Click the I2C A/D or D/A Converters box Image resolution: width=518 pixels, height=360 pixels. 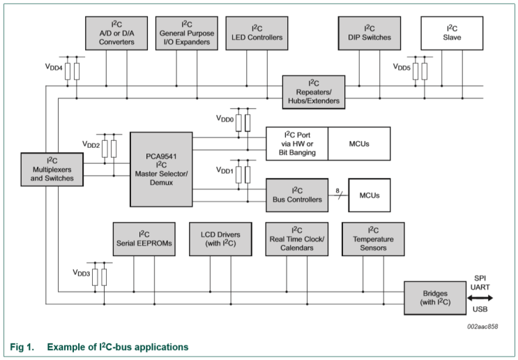pyautogui.click(x=116, y=33)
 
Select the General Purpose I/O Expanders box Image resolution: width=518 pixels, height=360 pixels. pyautogui.click(x=186, y=33)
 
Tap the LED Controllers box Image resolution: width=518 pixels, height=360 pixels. pyautogui.click(x=257, y=33)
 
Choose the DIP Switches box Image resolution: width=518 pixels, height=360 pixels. pyautogui.click(x=370, y=33)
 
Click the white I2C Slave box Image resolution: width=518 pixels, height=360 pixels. pyautogui.click(x=452, y=33)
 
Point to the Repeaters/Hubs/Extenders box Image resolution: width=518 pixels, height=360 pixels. pyautogui.click(x=314, y=92)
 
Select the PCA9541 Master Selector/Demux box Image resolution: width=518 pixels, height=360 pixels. pyautogui.click(x=161, y=169)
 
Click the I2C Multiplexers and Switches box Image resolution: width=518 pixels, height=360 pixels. pyautogui.click(x=52, y=169)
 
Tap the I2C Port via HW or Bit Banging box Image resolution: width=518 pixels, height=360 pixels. pyautogui.click(x=296, y=144)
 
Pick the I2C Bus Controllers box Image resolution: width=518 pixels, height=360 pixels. pyautogui.click(x=296, y=195)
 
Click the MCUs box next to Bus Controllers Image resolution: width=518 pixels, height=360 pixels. pyautogui.click(x=370, y=195)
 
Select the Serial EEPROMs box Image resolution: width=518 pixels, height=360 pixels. pyautogui.click(x=144, y=239)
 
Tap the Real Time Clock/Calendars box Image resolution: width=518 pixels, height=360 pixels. pyautogui.click(x=296, y=239)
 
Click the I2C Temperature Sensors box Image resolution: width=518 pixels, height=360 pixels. pyautogui.click(x=373, y=239)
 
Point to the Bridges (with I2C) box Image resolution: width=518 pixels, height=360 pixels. pyautogui.click(x=435, y=298)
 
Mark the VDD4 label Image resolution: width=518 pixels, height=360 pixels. pyautogui.click(x=54, y=68)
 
